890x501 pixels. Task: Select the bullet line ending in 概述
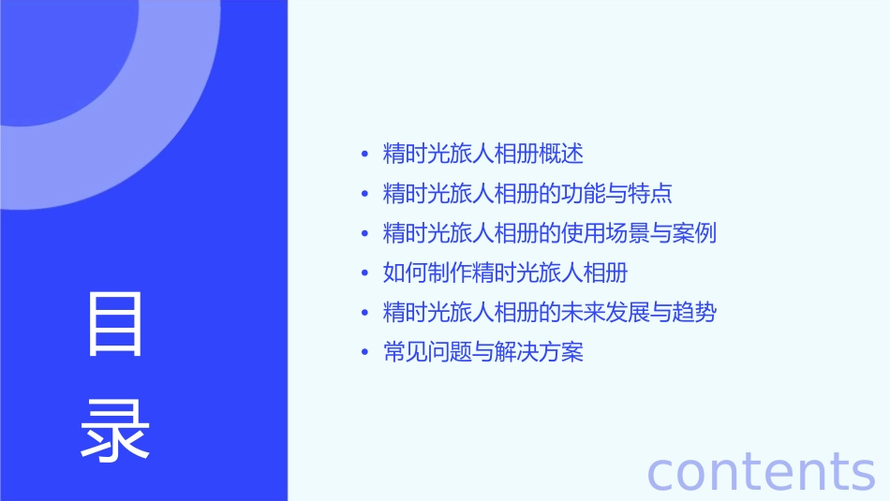pyautogui.click(x=482, y=154)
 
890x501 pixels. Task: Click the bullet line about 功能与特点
pyautogui.click(x=527, y=194)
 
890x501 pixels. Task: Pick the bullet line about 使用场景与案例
pyautogui.click(x=550, y=233)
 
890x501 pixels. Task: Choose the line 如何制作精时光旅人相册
pyautogui.click(x=505, y=273)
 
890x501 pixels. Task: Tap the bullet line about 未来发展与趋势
pyautogui.click(x=550, y=313)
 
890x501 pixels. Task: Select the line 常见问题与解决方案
pyautogui.click(x=482, y=353)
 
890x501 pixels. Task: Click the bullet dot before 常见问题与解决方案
pyautogui.click(x=365, y=353)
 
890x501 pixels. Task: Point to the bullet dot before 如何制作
pyautogui.click(x=365, y=273)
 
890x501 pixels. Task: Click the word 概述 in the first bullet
pyautogui.click(x=561, y=154)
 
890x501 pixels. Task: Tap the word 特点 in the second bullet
pyautogui.click(x=651, y=194)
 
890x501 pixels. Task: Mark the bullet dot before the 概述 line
pyautogui.click(x=365, y=154)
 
